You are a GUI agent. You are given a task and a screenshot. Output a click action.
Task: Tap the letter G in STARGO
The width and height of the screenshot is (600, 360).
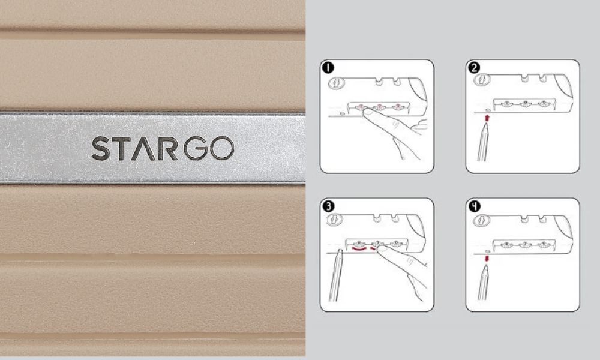coord(193,149)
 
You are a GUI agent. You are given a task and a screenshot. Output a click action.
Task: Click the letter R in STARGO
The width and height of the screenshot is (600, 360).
coord(167,149)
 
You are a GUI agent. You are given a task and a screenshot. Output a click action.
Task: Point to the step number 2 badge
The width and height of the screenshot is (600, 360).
coord(474,67)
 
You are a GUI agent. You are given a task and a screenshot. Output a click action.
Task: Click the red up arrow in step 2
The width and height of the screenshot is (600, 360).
coord(487,119)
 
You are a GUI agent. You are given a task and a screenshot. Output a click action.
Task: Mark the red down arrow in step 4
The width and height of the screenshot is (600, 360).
coord(487,259)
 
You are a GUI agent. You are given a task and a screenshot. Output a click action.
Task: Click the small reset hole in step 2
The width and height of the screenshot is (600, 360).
coord(487,111)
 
